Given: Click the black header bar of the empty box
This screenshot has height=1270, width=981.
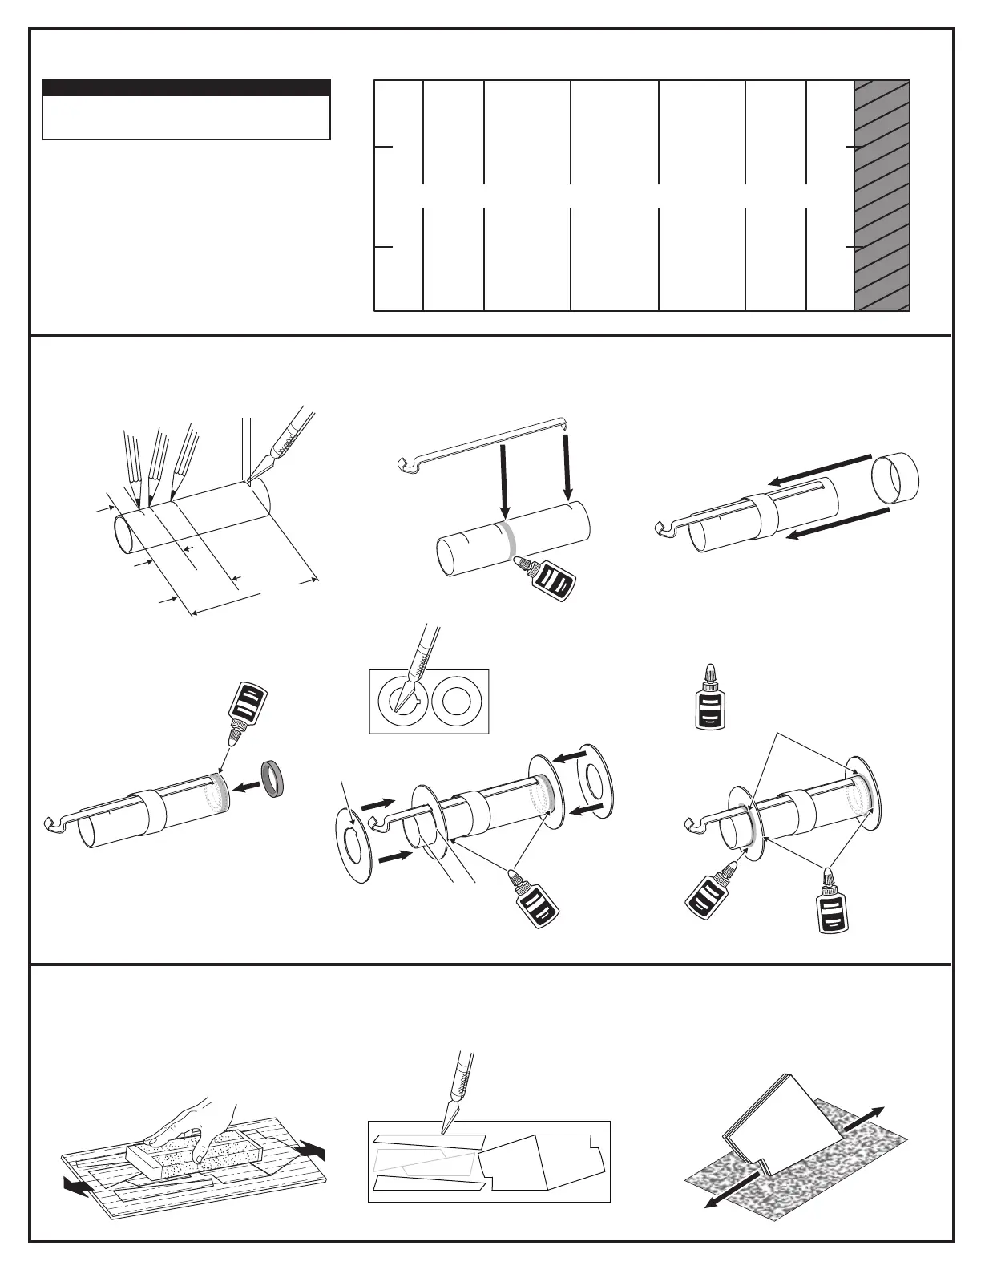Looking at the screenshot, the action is pyautogui.click(x=186, y=87).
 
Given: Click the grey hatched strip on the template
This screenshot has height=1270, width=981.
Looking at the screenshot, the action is pyautogui.click(x=882, y=195).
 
